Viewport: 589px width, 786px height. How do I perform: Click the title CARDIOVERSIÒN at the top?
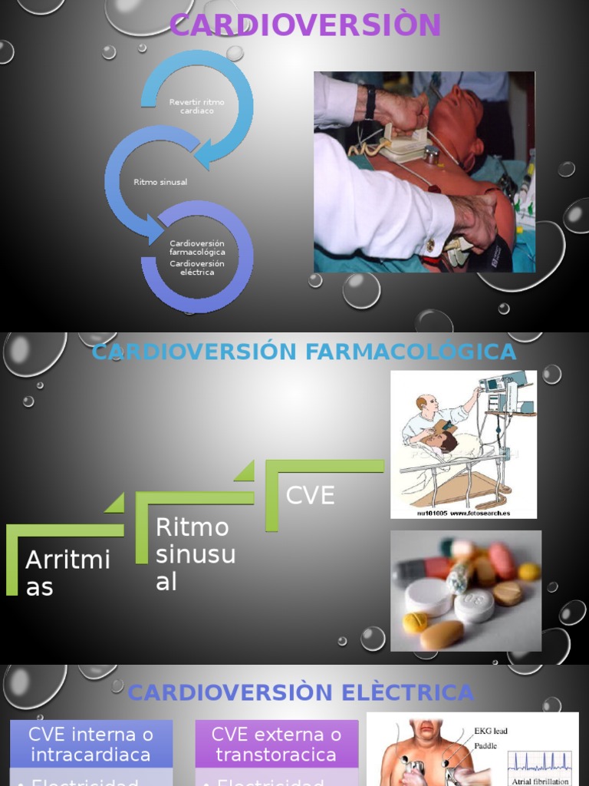[x=304, y=25]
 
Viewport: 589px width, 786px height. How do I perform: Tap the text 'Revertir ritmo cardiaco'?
[x=197, y=107]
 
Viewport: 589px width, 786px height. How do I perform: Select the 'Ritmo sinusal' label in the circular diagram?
[x=160, y=182]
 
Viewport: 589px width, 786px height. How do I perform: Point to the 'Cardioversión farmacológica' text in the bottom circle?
[x=197, y=247]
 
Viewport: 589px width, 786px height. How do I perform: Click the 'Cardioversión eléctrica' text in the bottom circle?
[x=197, y=268]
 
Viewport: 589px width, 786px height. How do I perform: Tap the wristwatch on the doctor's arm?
[x=370, y=102]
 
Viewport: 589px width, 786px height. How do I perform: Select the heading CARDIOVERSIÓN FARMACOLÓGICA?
[x=304, y=352]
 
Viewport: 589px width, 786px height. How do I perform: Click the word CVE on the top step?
[x=310, y=495]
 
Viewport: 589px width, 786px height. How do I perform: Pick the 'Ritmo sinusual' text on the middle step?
[x=195, y=554]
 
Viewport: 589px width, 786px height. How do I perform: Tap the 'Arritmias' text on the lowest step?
[x=67, y=573]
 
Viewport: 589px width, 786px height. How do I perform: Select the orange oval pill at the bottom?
[x=442, y=635]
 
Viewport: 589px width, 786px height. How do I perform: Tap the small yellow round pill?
[x=415, y=622]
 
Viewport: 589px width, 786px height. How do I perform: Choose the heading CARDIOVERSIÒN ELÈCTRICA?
[x=301, y=692]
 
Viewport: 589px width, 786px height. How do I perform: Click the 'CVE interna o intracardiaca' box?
[x=90, y=744]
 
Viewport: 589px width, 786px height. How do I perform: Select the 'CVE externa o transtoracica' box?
[x=276, y=744]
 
